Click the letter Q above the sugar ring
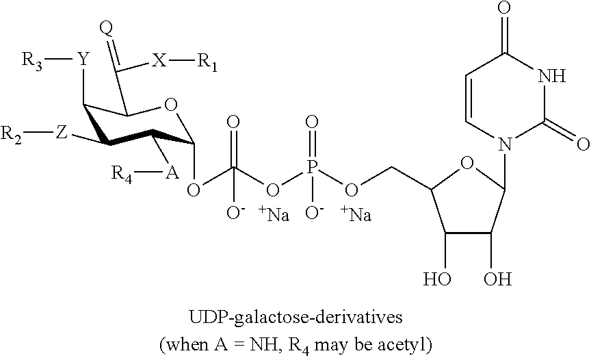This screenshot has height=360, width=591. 107,29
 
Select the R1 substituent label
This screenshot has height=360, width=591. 207,62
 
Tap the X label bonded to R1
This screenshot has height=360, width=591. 159,60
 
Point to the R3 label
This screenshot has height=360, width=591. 32,61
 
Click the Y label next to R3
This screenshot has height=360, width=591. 83,59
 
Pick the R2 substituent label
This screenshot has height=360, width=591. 11,134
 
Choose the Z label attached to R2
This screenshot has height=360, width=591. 61,133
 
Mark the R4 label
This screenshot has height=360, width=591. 122,175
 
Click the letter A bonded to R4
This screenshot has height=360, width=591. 172,172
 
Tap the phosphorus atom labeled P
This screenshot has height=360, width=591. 311,166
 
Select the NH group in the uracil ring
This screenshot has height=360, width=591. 552,76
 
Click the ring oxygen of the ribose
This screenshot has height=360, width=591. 467,164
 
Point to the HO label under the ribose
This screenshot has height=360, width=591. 437,279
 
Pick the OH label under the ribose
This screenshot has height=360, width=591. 497,279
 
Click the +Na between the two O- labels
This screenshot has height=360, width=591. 274,214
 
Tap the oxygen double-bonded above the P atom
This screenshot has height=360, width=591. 311,122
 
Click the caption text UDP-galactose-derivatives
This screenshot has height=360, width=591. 295,318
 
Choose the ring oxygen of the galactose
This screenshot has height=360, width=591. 171,105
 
